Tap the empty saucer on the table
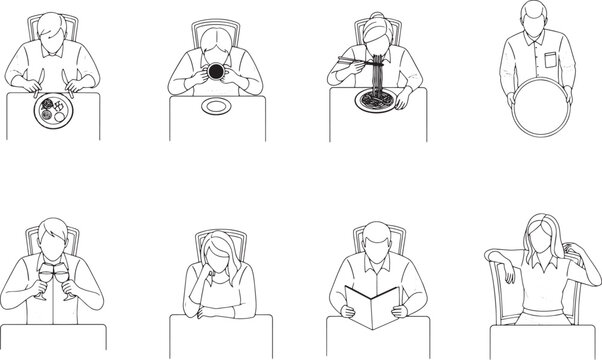click(x=217, y=106)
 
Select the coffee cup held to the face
click(x=216, y=73)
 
